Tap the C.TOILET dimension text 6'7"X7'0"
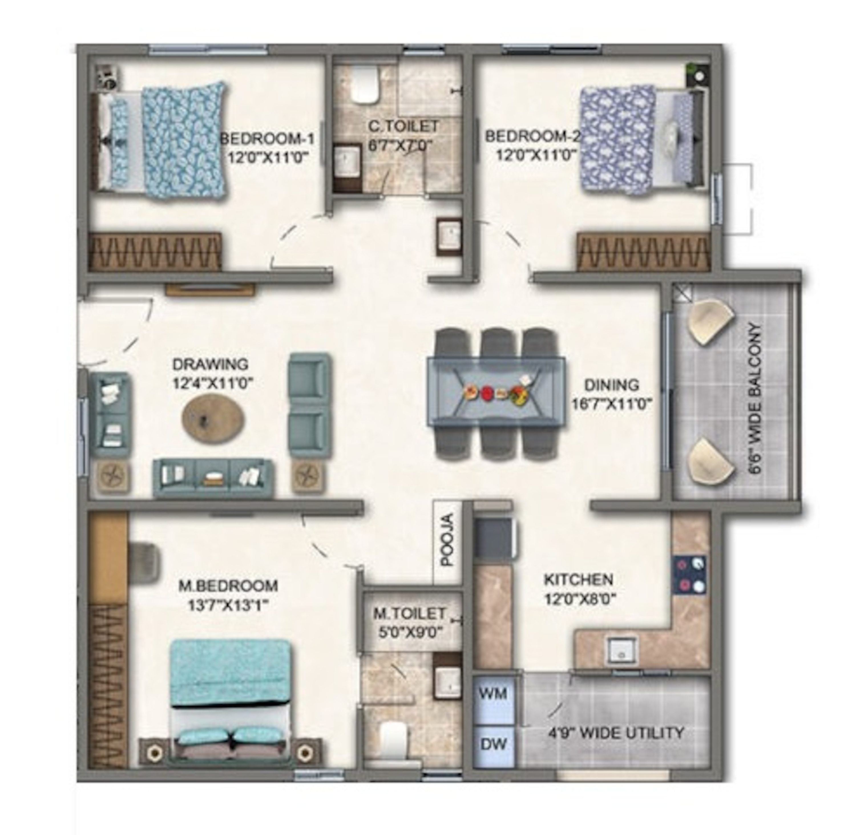coord(400,145)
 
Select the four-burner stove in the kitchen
coord(689,575)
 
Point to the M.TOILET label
coord(409,613)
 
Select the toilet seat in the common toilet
coord(366,85)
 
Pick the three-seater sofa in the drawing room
coord(213,478)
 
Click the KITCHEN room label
coord(578,579)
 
